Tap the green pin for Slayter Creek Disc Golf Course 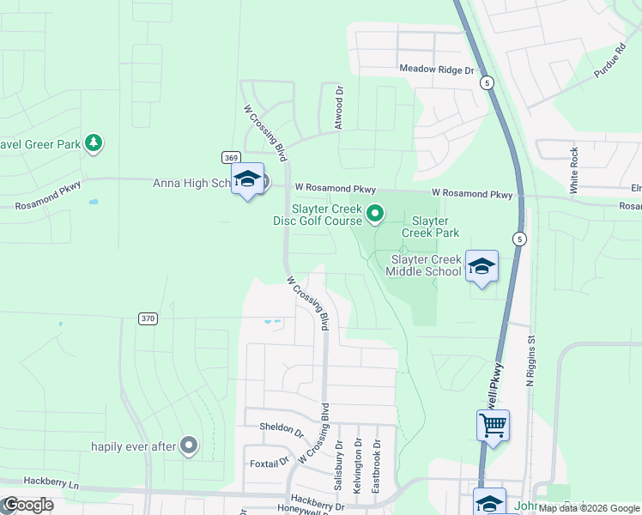375,213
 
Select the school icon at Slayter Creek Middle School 481,267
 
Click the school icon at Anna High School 247,179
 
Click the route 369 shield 230,157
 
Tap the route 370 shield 148,318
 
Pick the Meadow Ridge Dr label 436,69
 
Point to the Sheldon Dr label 282,427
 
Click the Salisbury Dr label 340,467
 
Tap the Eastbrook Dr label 376,467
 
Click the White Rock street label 574,169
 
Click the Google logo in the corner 27,505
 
